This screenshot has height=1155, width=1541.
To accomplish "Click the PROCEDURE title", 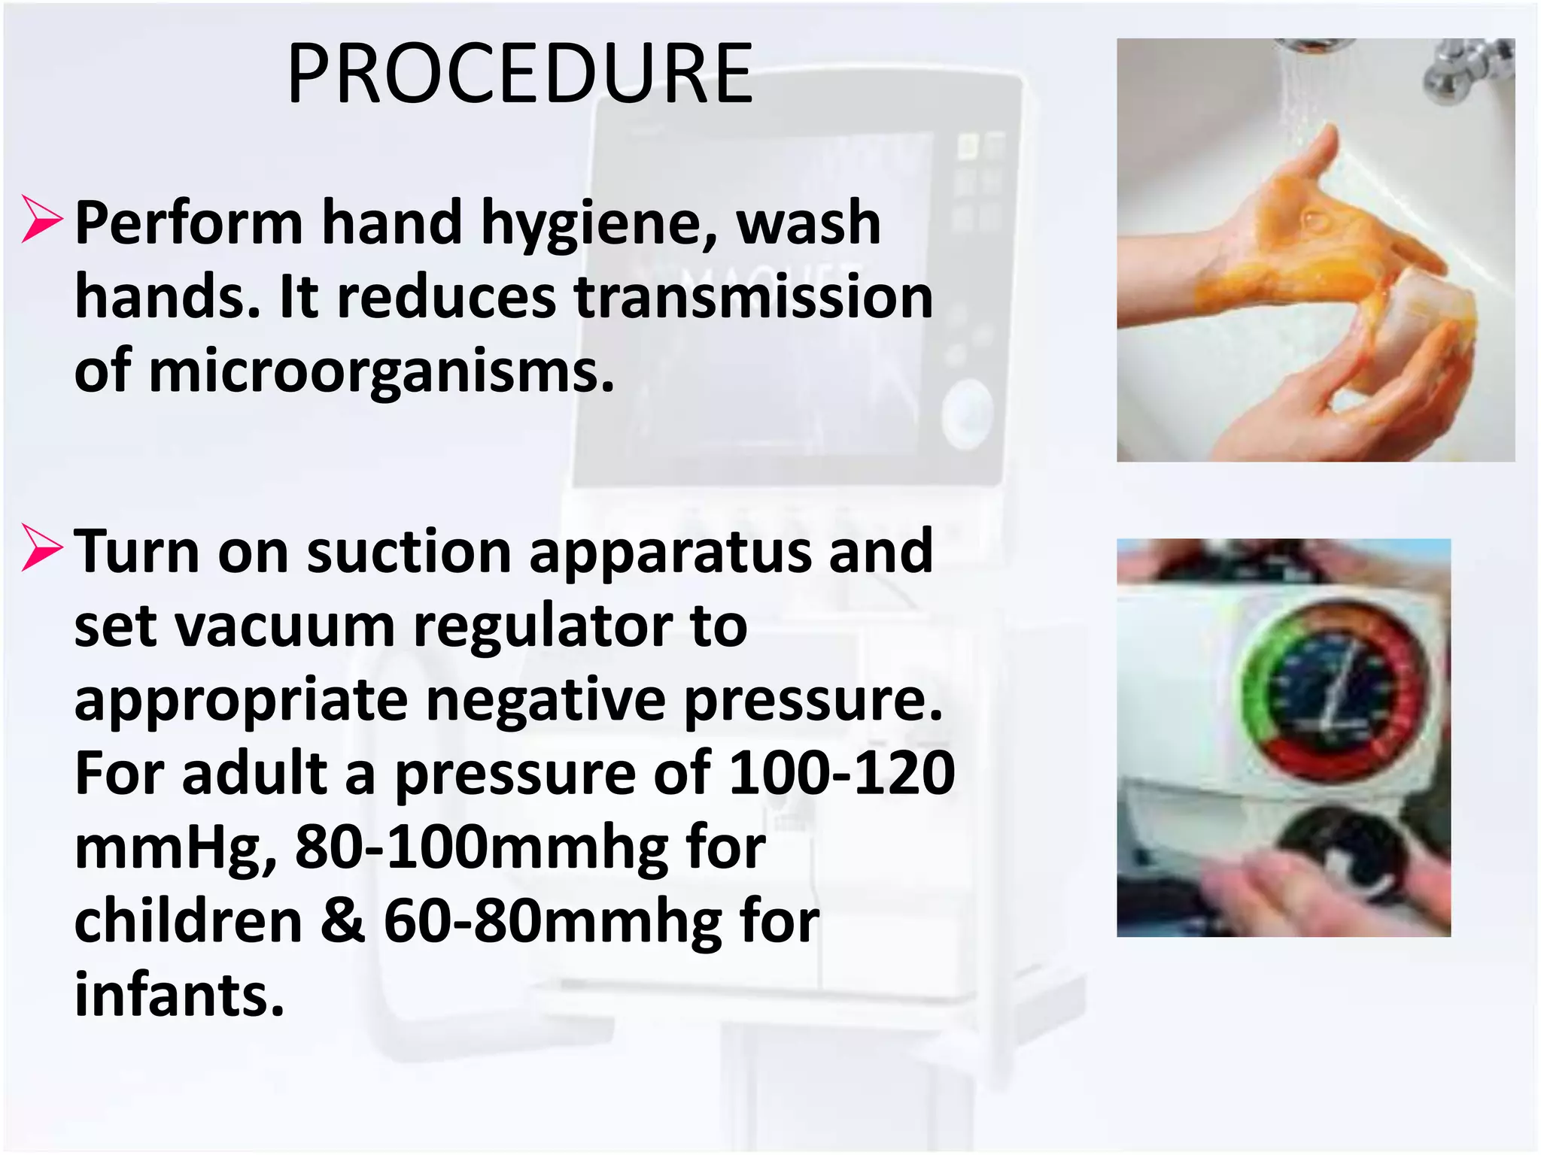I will pyautogui.click(x=520, y=74).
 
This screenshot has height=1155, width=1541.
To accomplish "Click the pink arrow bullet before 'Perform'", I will pyautogui.click(x=42, y=220).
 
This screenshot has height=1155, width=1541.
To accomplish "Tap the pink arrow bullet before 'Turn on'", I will pyautogui.click(x=42, y=547).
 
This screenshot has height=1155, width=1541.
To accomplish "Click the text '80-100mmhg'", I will pyautogui.click(x=481, y=848).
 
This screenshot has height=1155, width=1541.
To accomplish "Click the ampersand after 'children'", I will pyautogui.click(x=343, y=921).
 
